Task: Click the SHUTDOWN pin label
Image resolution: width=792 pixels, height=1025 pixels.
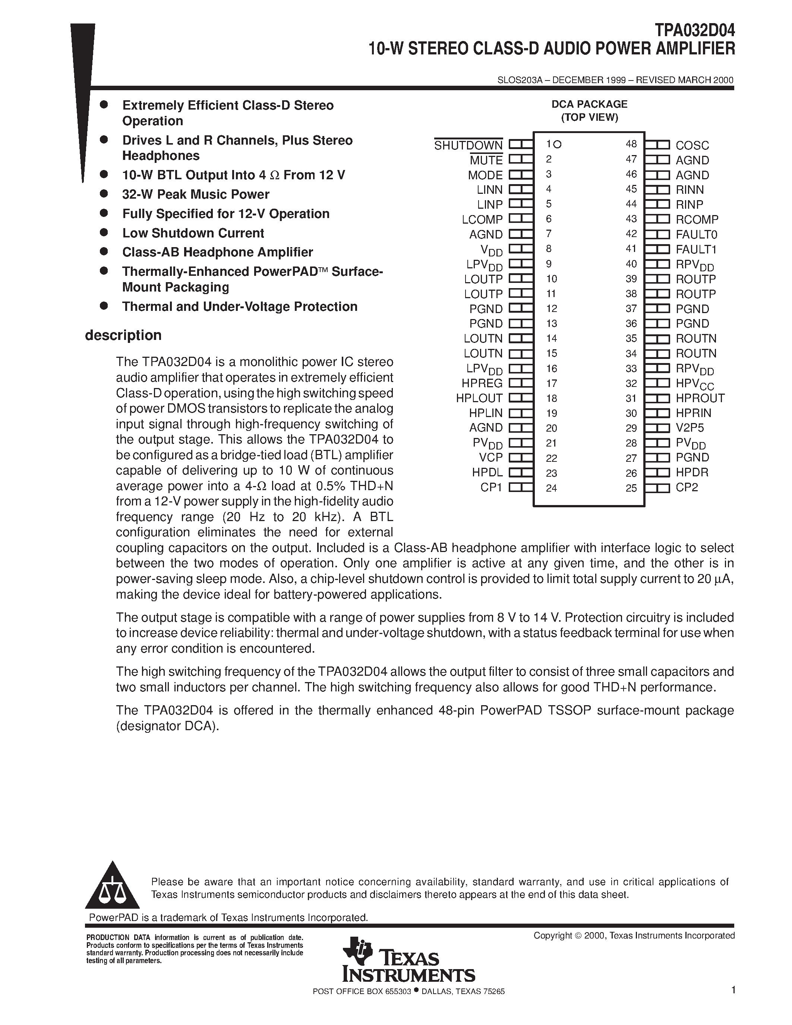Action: (x=468, y=145)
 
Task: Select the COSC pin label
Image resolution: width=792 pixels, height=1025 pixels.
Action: (x=692, y=145)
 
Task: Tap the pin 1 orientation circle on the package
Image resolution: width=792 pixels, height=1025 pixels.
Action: (x=558, y=144)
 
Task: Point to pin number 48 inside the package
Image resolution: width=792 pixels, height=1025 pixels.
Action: (x=631, y=144)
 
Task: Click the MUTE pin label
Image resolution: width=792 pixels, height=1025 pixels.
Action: (x=486, y=161)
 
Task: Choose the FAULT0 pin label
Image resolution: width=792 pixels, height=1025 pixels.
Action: (x=696, y=234)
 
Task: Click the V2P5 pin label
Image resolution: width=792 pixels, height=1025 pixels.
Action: (x=690, y=428)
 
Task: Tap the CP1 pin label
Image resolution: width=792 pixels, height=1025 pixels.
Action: (x=491, y=488)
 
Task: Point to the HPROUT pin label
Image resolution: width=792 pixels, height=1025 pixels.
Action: (x=700, y=398)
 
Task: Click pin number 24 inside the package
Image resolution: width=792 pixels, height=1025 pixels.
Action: (x=551, y=488)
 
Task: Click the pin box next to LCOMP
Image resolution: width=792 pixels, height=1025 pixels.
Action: (x=521, y=219)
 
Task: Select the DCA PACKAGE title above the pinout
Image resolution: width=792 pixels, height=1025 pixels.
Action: (x=589, y=104)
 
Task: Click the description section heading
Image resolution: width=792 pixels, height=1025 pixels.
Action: (x=123, y=335)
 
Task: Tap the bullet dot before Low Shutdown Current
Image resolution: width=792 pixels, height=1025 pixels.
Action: (x=104, y=232)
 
